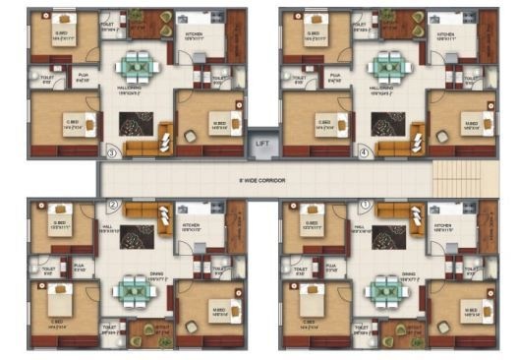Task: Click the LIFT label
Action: pos(261,144)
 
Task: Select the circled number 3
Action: pos(112,152)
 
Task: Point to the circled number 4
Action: pos(364,152)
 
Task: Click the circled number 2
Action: pos(113,206)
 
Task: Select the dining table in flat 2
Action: pos(133,289)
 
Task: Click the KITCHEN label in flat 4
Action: pos(445,32)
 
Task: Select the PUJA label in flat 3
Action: pos(83,75)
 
